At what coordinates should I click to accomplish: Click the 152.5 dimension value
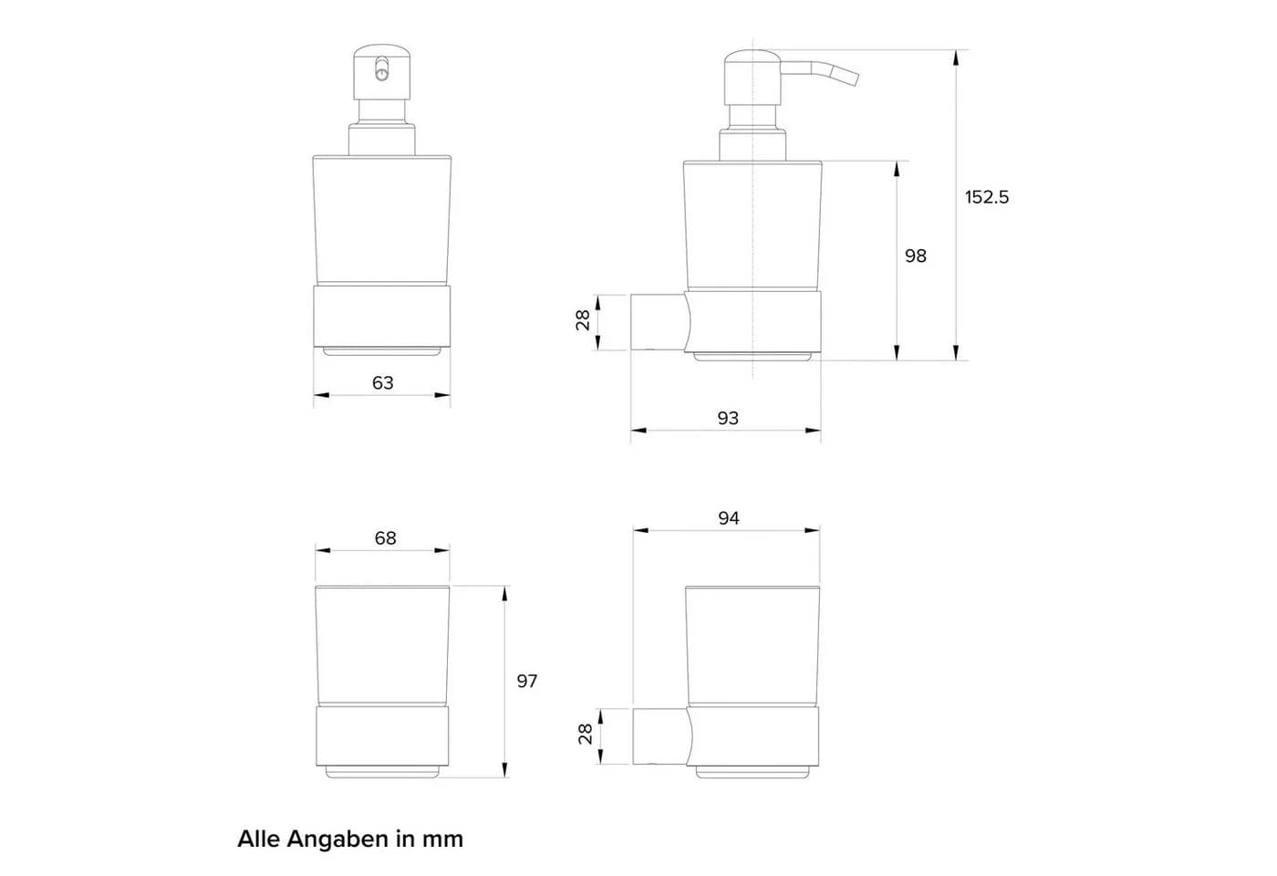(987, 197)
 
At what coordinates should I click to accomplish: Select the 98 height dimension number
(916, 256)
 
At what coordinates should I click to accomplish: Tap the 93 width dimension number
(728, 419)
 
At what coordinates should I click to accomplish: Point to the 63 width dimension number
(382, 382)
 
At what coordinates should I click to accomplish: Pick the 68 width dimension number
(385, 537)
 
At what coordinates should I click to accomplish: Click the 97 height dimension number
(527, 681)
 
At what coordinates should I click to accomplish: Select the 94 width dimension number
(729, 518)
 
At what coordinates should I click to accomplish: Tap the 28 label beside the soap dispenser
(583, 320)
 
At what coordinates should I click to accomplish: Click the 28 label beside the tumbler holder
(586, 734)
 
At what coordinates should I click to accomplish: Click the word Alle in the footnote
(258, 839)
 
